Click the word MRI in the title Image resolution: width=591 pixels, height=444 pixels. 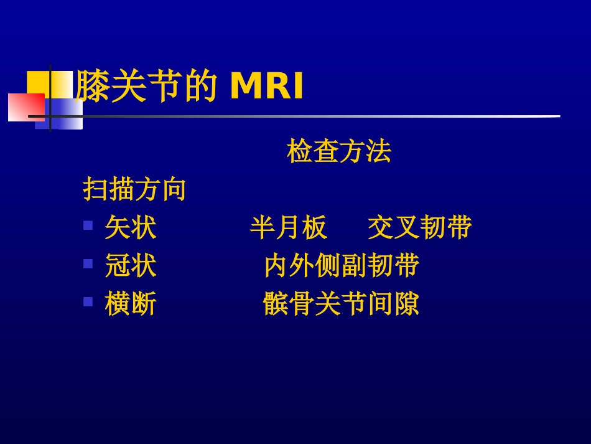(267, 87)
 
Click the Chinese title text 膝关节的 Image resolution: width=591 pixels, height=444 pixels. (146, 87)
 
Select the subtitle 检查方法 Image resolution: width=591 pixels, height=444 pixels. (338, 151)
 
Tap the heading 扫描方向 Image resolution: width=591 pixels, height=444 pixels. (134, 189)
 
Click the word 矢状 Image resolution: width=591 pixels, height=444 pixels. (131, 228)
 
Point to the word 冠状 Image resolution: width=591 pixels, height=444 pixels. (131, 266)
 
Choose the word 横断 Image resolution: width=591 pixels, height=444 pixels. (131, 305)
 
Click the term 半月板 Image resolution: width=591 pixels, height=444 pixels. (288, 228)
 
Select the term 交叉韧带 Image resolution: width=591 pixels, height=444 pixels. (419, 228)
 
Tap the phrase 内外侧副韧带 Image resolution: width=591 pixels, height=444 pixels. (342, 266)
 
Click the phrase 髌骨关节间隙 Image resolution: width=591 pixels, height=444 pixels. (341, 305)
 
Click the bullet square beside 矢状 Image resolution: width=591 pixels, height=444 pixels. (88, 225)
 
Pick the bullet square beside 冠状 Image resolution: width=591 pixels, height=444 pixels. (88, 263)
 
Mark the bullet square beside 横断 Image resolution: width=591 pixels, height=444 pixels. (88, 302)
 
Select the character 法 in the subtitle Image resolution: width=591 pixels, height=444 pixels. (378, 151)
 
